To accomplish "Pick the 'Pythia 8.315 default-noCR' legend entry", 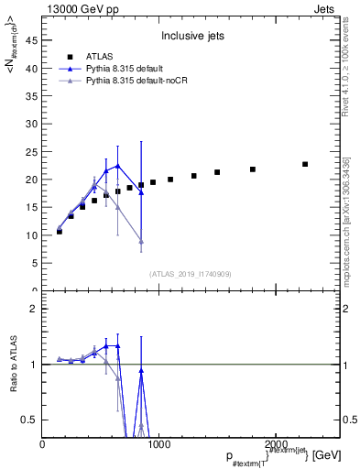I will tap(142, 82).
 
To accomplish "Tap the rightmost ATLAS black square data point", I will tap(305, 164).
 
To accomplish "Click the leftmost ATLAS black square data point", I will tap(60, 232).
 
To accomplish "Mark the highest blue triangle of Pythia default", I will tap(117, 166).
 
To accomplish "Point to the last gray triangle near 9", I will tap(141, 241).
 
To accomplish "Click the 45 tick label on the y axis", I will tap(32, 40).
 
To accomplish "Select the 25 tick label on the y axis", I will tap(32, 152).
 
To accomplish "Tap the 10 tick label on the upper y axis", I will tap(32, 235).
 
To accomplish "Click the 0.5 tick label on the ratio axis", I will tap(31, 420).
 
